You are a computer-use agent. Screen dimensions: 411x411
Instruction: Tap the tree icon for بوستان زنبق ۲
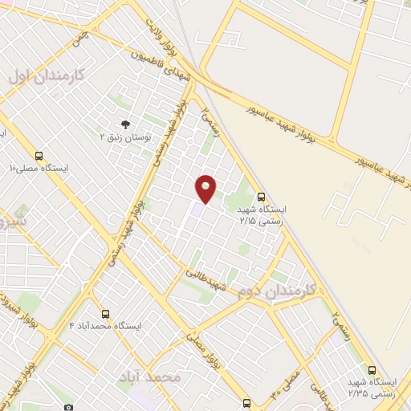click(124, 124)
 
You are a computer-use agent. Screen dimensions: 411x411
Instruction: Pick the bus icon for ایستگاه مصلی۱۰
click(39, 156)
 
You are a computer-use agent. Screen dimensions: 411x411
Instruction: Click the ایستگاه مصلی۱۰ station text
click(39, 169)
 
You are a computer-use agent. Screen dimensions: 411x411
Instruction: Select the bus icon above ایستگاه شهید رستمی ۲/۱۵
click(261, 196)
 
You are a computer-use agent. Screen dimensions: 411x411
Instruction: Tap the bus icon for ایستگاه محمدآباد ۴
click(105, 314)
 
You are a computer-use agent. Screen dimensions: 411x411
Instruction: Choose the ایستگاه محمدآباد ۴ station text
click(105, 327)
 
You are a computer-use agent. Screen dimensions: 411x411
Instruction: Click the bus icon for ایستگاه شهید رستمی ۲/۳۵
click(371, 370)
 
